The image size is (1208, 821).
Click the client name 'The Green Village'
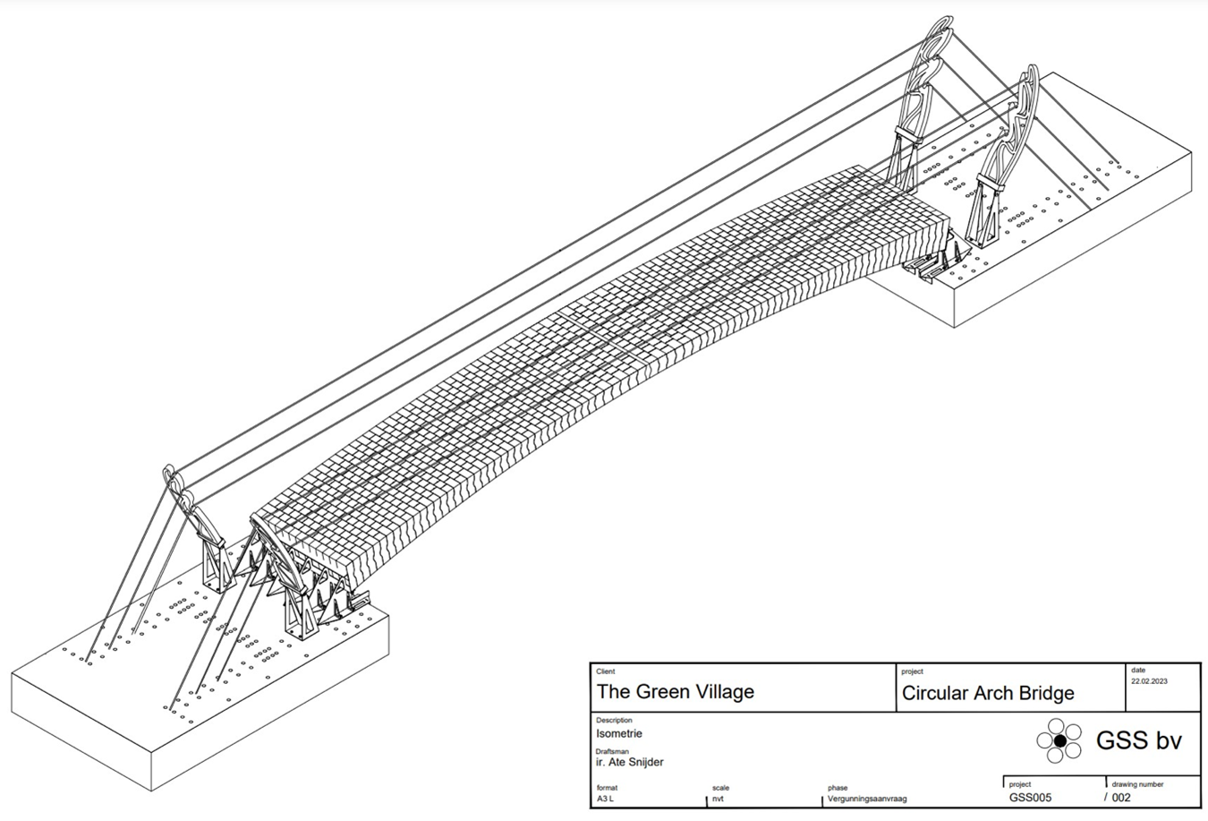[x=675, y=691]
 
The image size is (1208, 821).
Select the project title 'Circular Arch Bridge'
[x=987, y=693]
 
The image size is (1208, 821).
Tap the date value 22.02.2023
[x=1149, y=681]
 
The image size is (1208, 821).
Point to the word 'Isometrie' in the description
[x=618, y=733]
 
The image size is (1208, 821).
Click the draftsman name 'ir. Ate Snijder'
[x=629, y=762]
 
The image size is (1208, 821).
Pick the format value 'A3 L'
[x=606, y=798]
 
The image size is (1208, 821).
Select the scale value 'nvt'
[x=719, y=798]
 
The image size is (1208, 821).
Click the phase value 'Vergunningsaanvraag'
[x=867, y=798]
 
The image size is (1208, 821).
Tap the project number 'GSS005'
[x=1030, y=797]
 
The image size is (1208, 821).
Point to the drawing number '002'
[x=1121, y=797]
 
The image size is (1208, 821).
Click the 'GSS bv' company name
[x=1138, y=740]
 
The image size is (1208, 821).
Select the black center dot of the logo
[x=1059, y=740]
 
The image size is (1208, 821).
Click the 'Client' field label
[x=606, y=671]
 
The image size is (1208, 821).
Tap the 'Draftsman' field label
[x=612, y=751]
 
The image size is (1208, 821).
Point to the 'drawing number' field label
[x=1137, y=784]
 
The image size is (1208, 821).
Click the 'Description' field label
[x=614, y=720]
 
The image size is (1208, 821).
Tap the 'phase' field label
[x=838, y=788]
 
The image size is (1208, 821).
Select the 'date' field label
[x=1137, y=670]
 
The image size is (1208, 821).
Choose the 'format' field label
[x=607, y=788]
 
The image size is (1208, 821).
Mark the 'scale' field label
[x=720, y=788]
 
